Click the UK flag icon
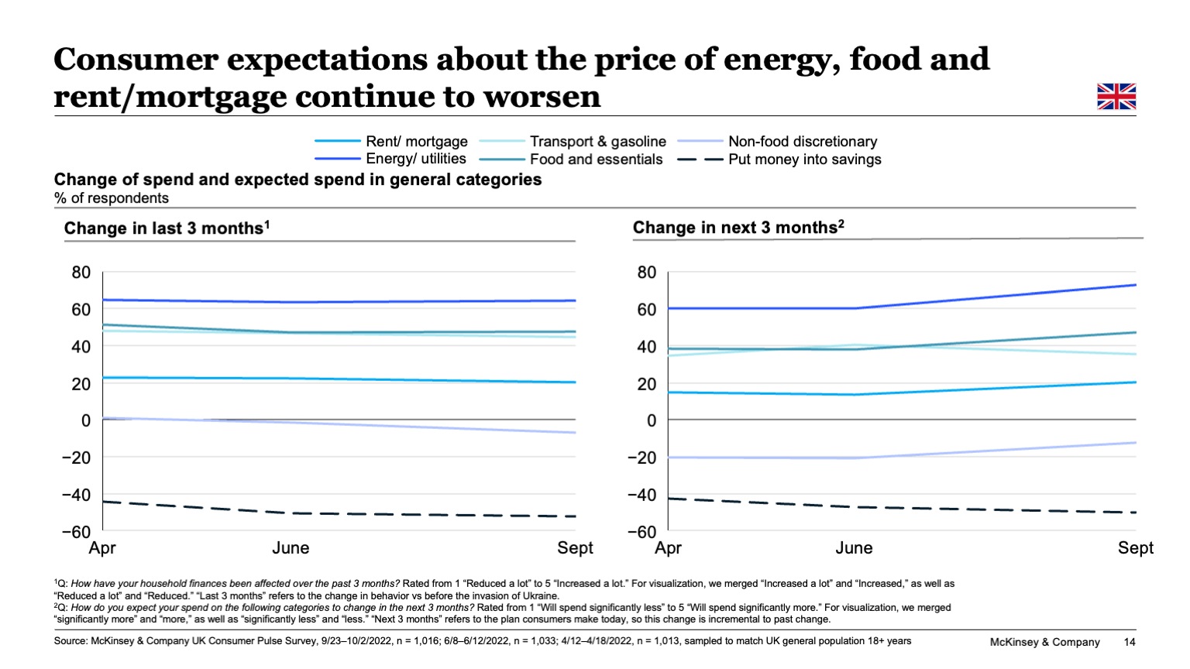click(1116, 97)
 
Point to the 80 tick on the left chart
click(81, 273)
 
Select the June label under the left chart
click(291, 548)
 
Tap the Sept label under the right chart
click(1135, 548)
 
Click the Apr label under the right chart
click(668, 548)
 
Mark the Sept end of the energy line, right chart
click(1135, 285)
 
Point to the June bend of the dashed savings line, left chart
click(291, 513)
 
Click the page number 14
click(1130, 642)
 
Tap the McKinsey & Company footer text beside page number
click(1044, 642)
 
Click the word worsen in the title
click(542, 97)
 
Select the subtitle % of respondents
click(111, 198)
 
